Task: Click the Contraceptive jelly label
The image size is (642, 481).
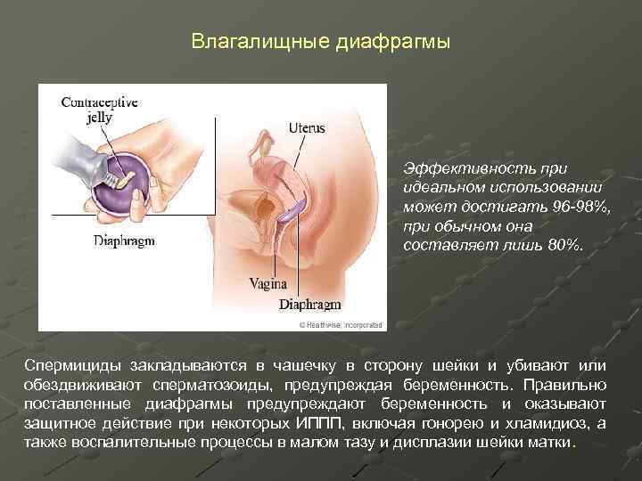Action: point(99,110)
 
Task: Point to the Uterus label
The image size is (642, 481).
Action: point(307,127)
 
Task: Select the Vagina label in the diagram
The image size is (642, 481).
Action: point(268,284)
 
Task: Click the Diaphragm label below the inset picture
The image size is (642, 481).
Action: point(124,240)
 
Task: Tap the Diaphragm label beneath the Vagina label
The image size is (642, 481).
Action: point(310,305)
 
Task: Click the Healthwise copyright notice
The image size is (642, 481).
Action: point(341,324)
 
